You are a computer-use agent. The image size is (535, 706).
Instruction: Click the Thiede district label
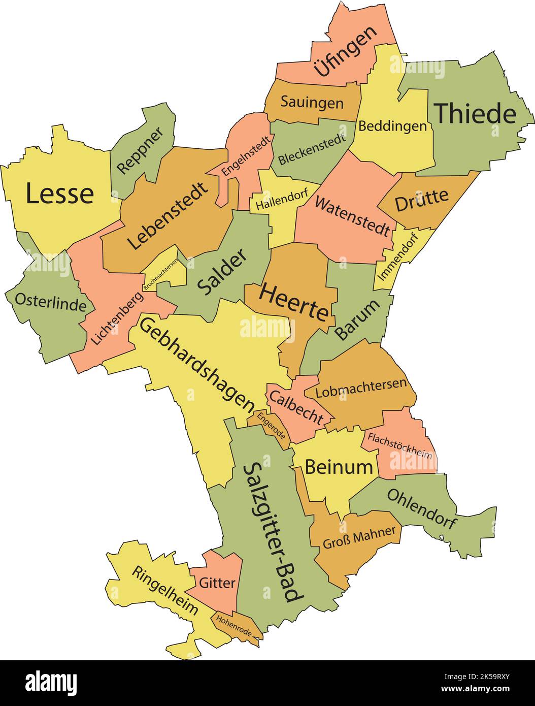[476, 113]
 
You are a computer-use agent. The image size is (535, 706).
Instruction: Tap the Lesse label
[60, 194]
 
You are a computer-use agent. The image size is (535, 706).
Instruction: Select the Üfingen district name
[346, 51]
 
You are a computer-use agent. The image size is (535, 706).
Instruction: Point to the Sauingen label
[312, 103]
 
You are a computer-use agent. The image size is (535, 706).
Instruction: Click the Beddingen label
[392, 125]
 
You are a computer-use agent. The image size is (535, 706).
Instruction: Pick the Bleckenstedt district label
[312, 150]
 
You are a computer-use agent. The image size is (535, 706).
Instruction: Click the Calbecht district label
[296, 406]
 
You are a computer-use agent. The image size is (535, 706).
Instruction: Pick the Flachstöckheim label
[400, 445]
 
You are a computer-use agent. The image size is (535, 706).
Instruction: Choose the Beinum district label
[339, 466]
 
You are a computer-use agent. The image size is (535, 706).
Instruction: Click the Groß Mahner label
[359, 537]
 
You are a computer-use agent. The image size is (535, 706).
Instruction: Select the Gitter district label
[217, 583]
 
